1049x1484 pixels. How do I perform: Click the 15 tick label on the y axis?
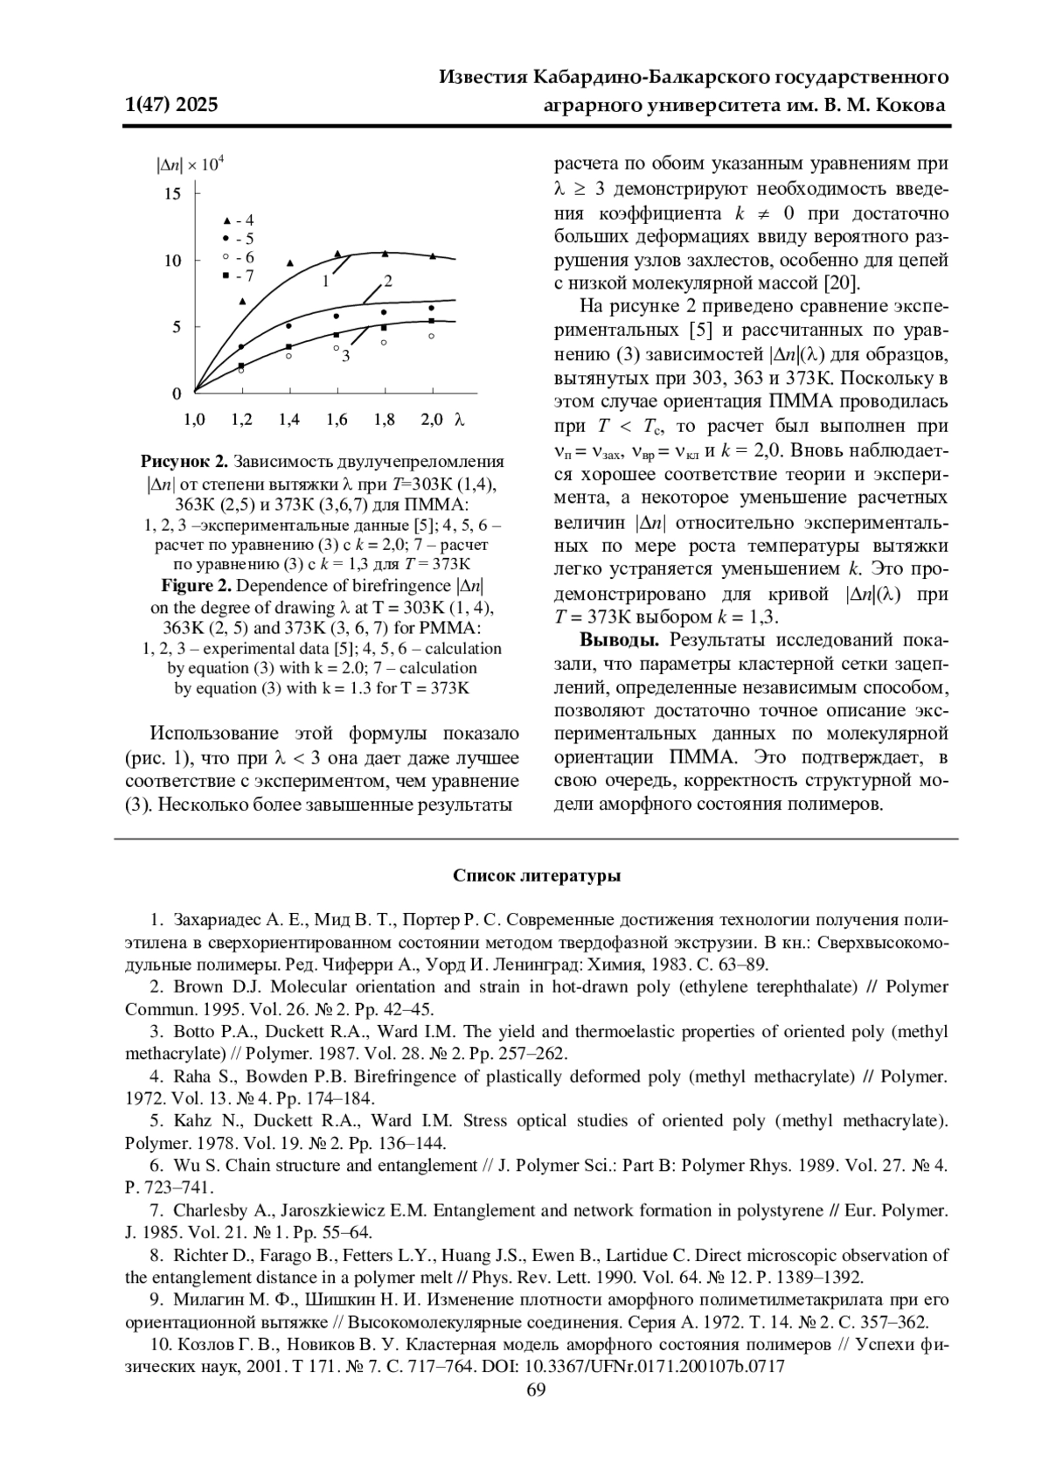tap(172, 194)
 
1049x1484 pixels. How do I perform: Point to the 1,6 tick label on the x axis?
tap(337, 420)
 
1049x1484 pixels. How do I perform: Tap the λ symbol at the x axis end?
tap(458, 420)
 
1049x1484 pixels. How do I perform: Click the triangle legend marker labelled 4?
tap(226, 219)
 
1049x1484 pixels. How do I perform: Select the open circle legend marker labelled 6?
tap(226, 257)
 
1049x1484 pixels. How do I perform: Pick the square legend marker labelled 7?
tap(226, 275)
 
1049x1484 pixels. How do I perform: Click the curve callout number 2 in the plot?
tap(387, 282)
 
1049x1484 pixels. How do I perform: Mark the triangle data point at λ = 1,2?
tap(242, 301)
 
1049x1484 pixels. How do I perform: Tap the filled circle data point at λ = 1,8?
tap(384, 312)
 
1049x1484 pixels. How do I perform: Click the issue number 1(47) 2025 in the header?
tap(171, 106)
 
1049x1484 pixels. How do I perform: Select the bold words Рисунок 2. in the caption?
tap(184, 462)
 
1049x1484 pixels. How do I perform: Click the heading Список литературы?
tap(537, 876)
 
